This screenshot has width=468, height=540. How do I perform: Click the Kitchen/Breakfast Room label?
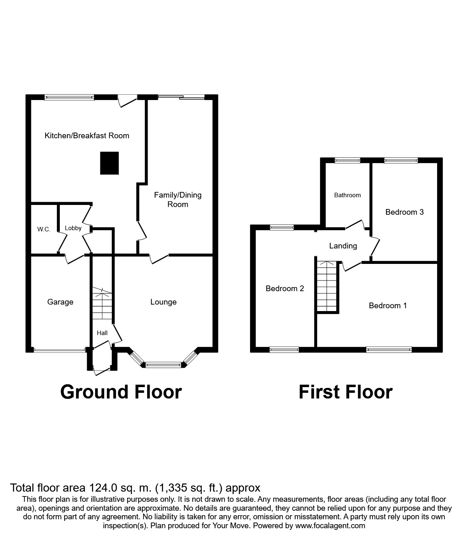click(87, 136)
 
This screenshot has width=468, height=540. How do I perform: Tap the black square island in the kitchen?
click(109, 163)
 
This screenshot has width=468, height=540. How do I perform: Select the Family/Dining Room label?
click(178, 200)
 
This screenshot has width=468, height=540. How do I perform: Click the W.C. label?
click(44, 229)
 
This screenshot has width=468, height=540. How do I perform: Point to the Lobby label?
click(73, 228)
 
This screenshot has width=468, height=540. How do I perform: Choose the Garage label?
click(60, 302)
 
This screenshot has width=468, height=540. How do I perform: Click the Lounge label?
click(163, 302)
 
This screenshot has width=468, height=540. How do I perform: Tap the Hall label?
click(102, 333)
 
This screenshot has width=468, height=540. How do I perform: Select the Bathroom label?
click(347, 195)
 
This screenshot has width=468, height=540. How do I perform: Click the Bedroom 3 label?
click(404, 212)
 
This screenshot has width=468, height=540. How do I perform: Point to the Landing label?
click(343, 246)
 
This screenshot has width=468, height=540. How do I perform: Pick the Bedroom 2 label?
click(285, 288)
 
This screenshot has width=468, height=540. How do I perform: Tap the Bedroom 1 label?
click(387, 305)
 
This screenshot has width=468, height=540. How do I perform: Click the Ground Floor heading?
click(121, 392)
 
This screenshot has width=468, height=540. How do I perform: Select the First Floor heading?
click(345, 392)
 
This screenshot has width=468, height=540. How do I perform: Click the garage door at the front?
click(60, 349)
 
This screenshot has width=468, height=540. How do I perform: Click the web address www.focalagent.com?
click(330, 526)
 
